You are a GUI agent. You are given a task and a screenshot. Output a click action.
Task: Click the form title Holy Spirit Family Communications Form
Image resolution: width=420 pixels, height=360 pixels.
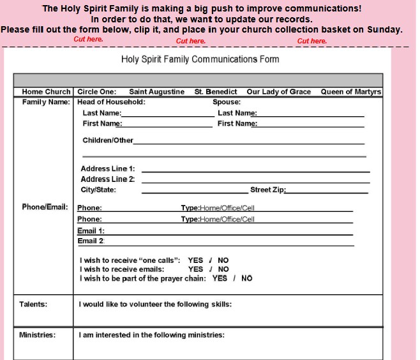coord(200,59)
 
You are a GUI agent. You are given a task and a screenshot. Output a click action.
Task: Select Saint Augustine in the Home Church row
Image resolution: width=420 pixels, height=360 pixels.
coord(156,92)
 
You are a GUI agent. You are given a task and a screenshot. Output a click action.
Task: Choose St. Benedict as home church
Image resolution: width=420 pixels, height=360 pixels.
coord(216,92)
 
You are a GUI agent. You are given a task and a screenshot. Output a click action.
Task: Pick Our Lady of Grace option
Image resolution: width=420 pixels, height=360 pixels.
coord(278,92)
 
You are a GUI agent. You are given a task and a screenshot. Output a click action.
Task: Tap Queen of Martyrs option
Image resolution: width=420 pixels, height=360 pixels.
coord(350,92)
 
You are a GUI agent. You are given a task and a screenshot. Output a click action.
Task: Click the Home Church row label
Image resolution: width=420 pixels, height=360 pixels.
coord(45,92)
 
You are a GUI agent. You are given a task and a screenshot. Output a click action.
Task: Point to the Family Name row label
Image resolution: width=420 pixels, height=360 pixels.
coord(47,101)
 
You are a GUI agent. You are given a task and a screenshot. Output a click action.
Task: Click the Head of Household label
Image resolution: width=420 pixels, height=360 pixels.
coord(111,101)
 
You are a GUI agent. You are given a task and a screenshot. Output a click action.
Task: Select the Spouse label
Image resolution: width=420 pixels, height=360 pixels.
coord(226,101)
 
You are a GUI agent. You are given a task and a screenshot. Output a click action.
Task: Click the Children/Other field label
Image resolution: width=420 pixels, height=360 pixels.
coord(108,140)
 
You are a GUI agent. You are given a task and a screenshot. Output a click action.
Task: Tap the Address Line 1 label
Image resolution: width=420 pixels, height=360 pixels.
coord(107,169)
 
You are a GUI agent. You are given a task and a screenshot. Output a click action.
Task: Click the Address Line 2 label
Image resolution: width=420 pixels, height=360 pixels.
coord(107,179)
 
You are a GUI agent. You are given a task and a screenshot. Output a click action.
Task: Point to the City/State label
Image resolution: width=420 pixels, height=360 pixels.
coord(98,190)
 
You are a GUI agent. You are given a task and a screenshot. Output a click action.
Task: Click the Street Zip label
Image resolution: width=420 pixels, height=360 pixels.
coord(267,190)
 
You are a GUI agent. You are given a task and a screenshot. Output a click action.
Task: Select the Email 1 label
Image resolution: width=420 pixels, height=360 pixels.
coord(91,230)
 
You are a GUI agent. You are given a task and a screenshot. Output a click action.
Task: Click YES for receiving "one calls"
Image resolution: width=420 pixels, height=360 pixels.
coord(195,260)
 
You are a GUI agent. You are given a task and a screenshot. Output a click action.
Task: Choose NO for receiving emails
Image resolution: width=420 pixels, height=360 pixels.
coord(223,269)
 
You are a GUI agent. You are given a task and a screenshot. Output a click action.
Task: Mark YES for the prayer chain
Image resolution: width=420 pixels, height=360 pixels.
coord(220,278)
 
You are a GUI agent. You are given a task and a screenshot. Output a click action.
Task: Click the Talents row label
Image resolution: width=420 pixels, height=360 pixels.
coord(33,304)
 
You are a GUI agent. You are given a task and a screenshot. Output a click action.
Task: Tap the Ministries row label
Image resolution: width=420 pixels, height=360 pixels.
coord(37,335)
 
